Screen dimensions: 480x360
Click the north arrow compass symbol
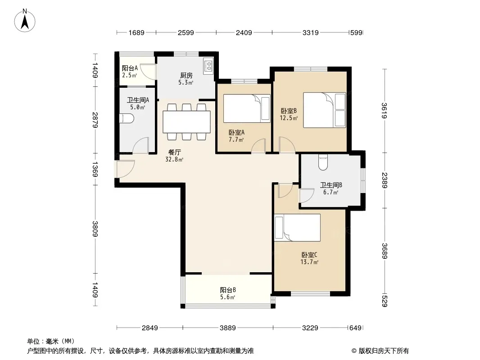coord(25,21)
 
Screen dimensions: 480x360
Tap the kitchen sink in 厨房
coord(208,66)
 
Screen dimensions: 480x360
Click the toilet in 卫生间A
coord(127,118)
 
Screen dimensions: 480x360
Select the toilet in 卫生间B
coord(323,162)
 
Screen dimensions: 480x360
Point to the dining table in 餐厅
coord(186,122)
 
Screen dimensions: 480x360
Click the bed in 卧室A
coord(247,108)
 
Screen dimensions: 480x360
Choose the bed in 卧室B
coord(325,110)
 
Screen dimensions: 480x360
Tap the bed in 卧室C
coord(297,228)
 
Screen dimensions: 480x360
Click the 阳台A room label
coord(130,68)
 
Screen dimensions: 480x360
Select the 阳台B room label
coord(228,290)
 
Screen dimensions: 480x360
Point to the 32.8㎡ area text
coord(174,159)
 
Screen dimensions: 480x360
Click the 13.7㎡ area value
coord(309,262)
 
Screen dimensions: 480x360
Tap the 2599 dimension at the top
coord(186,32)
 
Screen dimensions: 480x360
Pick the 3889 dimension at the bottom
coord(228,328)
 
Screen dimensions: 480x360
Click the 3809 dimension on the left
coord(95,229)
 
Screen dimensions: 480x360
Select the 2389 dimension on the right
coord(385,180)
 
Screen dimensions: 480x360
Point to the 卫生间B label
coord(331,185)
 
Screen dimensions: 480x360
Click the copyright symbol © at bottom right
coord(354,351)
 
